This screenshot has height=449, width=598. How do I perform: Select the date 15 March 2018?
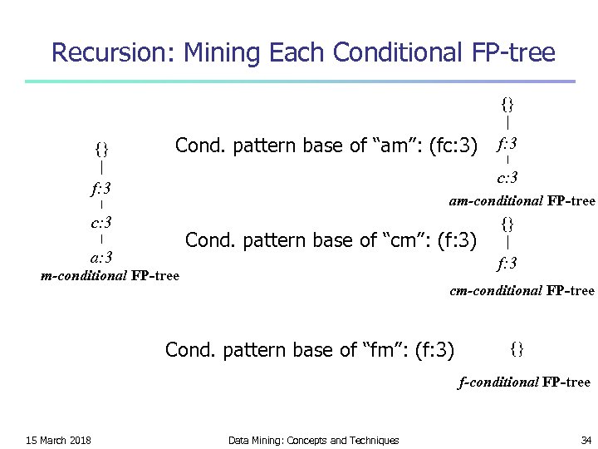[59, 440]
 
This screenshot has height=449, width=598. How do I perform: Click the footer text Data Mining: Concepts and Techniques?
[313, 440]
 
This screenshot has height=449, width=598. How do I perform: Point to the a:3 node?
[101, 257]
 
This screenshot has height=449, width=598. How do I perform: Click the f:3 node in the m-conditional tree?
[101, 187]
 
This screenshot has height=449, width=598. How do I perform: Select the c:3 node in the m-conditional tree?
[101, 222]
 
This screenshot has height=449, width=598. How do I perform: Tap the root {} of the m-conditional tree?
[101, 150]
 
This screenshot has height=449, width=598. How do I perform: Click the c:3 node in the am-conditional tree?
[507, 177]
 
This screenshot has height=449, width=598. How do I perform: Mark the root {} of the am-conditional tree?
[507, 104]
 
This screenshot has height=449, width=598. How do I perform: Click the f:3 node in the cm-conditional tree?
[507, 264]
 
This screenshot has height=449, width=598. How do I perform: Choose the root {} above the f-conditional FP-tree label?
[517, 348]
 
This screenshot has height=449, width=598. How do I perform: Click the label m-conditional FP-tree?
[110, 275]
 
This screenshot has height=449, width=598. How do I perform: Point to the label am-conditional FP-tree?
[522, 200]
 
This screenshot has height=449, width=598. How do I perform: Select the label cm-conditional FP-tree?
[522, 290]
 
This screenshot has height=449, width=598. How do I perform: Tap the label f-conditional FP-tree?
[524, 382]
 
